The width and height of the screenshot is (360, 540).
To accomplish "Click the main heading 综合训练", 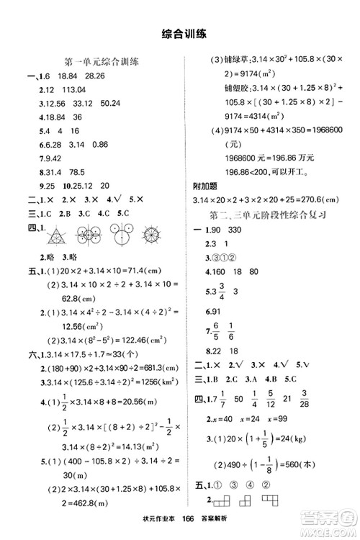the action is click(x=179, y=33).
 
